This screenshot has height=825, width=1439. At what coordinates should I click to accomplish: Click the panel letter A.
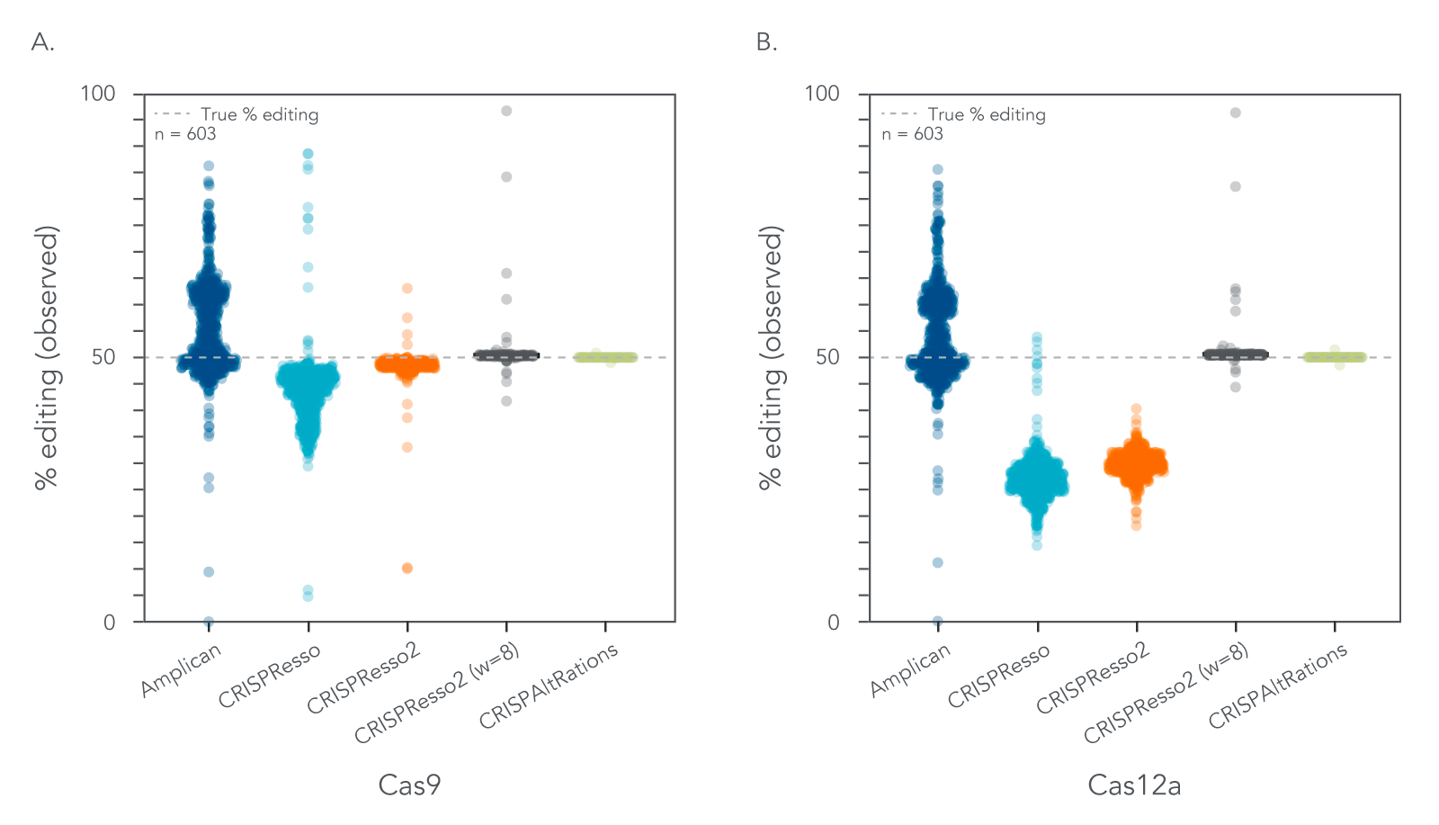(41, 42)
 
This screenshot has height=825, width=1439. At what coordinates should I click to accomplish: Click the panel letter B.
(766, 42)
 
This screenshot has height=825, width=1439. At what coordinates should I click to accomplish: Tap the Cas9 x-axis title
(409, 785)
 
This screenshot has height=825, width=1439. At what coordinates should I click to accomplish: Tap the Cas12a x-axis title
(1134, 785)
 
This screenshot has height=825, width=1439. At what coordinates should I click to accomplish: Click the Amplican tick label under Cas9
(181, 671)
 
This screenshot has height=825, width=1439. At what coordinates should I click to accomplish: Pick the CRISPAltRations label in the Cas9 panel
(548, 686)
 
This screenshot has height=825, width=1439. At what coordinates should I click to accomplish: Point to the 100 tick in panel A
(98, 94)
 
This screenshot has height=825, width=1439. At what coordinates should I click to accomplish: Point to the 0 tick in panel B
(833, 622)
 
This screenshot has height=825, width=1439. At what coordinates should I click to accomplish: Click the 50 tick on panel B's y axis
(827, 357)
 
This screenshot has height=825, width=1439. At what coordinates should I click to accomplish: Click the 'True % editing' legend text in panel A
(259, 114)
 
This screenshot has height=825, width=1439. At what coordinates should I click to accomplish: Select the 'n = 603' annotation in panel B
(912, 134)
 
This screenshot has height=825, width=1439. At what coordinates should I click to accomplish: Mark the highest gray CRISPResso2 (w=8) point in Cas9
(506, 111)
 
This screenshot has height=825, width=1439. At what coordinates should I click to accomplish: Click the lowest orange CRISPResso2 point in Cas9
(407, 568)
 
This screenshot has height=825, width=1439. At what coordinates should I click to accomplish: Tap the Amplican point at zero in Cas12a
(938, 622)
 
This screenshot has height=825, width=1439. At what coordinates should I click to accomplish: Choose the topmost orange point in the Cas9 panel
(407, 289)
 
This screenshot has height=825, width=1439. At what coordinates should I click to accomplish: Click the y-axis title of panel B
(771, 357)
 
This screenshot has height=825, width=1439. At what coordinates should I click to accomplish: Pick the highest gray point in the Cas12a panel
(1236, 112)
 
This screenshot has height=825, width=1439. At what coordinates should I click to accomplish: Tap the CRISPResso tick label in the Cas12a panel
(998, 677)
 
